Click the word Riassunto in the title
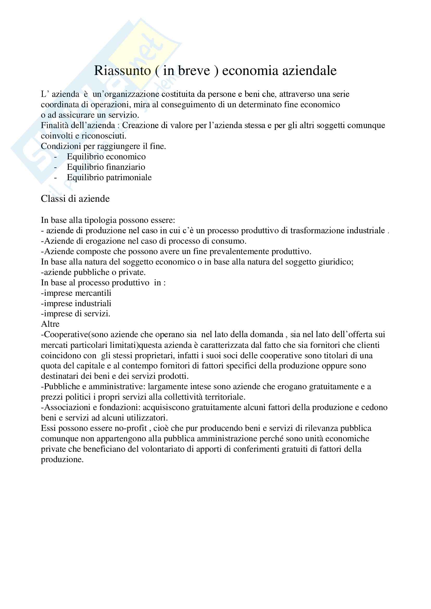122,71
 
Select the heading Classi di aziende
75,199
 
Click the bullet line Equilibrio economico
106,157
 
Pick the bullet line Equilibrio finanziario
106,167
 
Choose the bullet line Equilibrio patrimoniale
109,178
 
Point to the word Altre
50,324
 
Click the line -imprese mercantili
76,293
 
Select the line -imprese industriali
76,303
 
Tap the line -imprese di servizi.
76,314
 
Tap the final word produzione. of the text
62,460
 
